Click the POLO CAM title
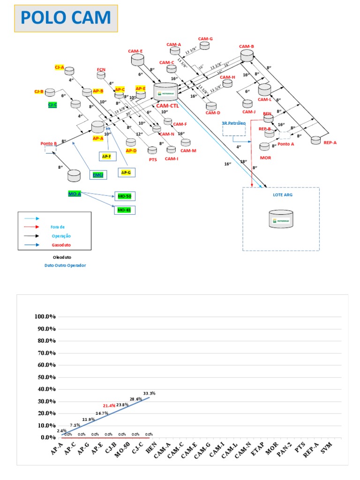(x=66, y=18)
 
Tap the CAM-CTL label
(x=167, y=106)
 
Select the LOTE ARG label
(x=281, y=194)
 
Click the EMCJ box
(x=98, y=175)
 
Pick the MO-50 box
(x=124, y=196)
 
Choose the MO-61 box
(x=124, y=210)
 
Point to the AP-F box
(x=107, y=156)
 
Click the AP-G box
(x=126, y=173)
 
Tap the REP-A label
(x=330, y=142)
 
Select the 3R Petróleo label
(x=234, y=123)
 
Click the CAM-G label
(x=205, y=39)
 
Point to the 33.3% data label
(x=149, y=393)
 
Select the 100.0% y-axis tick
(x=45, y=316)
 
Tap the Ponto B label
(x=49, y=144)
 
